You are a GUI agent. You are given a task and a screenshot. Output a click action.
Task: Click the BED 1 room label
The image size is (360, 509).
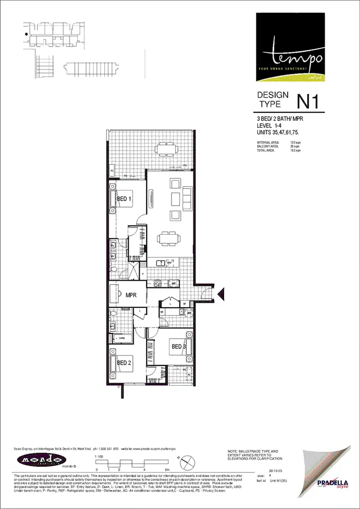124,198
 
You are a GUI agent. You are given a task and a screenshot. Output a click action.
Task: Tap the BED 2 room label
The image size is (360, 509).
124,363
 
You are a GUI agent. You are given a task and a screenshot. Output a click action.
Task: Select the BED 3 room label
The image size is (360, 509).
179,346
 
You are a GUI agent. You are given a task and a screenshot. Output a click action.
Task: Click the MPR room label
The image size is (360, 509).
132,295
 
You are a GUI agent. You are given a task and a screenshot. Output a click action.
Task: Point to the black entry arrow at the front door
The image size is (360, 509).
221,294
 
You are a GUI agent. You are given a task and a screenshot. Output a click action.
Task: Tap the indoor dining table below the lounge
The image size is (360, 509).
169,237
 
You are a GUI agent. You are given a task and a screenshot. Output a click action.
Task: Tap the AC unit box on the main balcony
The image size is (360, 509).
112,171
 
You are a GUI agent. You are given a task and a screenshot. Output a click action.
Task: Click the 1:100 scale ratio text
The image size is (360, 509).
99,456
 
